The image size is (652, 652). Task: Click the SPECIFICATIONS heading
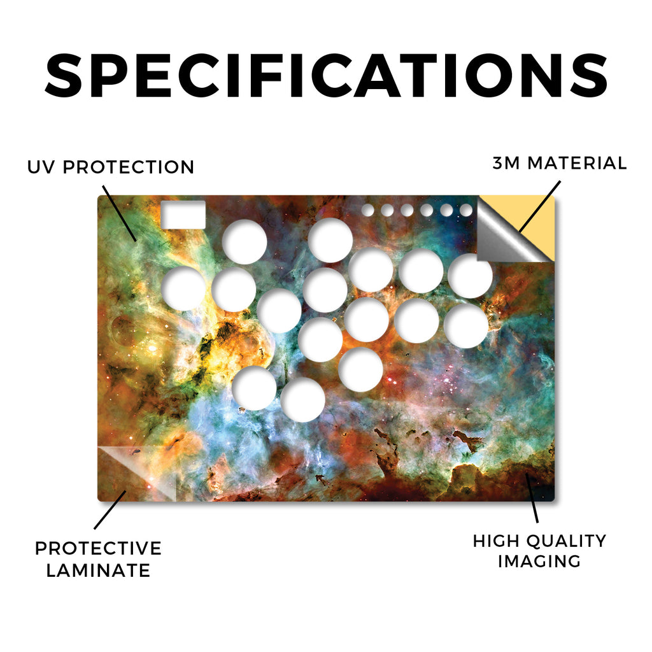(326, 76)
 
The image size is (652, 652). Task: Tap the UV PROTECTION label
(111, 167)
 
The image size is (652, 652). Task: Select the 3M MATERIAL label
(559, 163)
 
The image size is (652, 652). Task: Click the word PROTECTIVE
(98, 548)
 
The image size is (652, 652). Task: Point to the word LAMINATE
(98, 570)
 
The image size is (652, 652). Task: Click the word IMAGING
(539, 561)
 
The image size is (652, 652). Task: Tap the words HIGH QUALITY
(539, 541)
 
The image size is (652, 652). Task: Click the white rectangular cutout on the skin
(183, 215)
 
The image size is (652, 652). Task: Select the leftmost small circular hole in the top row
(367, 210)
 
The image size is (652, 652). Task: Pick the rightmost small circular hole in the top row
(466, 210)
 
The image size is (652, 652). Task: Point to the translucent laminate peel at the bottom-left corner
(138, 472)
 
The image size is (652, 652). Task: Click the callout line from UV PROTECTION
(119, 213)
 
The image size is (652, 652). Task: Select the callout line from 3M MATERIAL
(539, 206)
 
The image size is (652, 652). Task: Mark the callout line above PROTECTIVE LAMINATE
(110, 510)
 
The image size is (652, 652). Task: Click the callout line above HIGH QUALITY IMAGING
(532, 498)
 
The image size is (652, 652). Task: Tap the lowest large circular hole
(302, 400)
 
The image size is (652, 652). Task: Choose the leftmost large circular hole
(184, 288)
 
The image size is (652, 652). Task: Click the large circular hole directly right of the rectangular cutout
(244, 241)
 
